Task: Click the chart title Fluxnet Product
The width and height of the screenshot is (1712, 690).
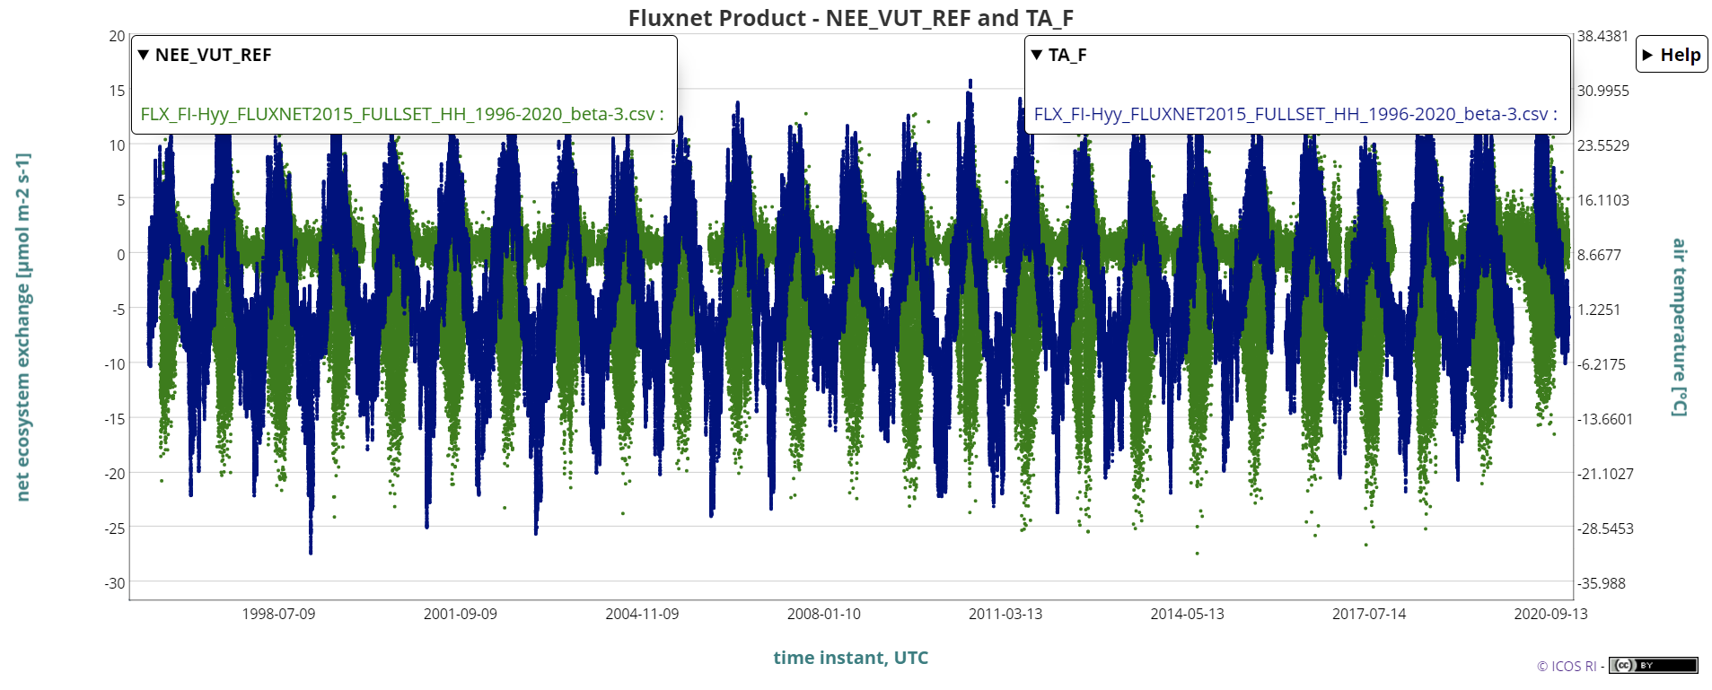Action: [850, 18]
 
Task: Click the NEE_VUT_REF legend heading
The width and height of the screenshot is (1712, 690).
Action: [213, 55]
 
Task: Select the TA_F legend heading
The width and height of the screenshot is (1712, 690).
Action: [1067, 55]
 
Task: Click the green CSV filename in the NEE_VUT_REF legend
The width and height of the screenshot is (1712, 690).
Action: [401, 114]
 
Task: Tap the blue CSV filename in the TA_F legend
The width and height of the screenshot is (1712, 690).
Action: [1295, 114]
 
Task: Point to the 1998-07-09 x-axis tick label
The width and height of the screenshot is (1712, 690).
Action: [278, 614]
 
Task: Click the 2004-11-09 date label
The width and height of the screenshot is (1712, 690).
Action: [642, 614]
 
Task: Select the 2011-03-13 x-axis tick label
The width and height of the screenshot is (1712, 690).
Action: [1005, 614]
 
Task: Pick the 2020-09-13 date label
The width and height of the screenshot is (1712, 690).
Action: [1550, 614]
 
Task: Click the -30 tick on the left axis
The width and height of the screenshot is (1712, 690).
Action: [115, 583]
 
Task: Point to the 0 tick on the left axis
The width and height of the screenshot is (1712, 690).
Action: [120, 255]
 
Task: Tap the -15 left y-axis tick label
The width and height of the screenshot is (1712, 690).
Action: [115, 419]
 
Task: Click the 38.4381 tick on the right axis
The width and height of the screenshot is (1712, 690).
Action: [1602, 36]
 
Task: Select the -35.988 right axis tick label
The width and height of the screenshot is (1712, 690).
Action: [1602, 583]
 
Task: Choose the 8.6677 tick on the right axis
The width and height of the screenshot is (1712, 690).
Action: [1599, 255]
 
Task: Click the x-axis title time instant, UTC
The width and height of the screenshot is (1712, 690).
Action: [850, 658]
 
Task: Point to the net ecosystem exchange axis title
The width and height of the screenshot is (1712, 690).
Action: [23, 327]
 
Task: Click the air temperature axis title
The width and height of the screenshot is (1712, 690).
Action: [1679, 327]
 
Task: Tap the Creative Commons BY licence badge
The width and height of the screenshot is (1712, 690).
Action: [1653, 665]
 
